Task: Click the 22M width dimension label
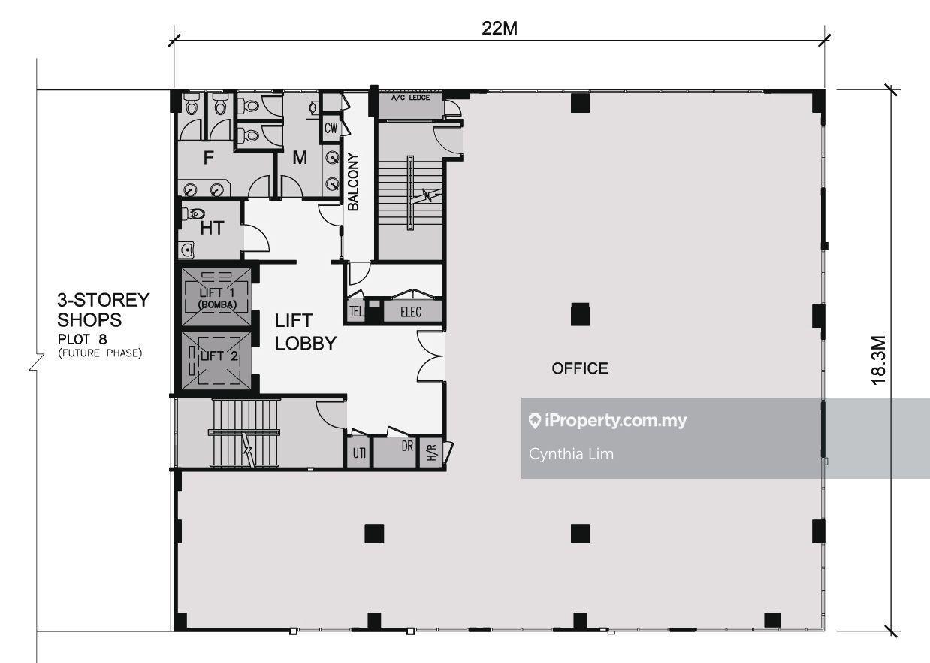[500, 29]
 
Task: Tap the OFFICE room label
[580, 368]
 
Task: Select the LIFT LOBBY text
[305, 332]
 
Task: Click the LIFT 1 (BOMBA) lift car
[216, 297]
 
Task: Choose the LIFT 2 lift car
[216, 360]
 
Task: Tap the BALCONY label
[353, 182]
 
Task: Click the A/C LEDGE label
[410, 98]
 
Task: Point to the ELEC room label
[411, 312]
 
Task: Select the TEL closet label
[356, 311]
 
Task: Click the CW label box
[331, 128]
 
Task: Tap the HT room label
[212, 228]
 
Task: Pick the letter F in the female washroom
[208, 157]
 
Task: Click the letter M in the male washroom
[300, 157]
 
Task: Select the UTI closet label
[359, 453]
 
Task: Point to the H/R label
[432, 453]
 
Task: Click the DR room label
[407, 446]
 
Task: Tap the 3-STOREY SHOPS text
[103, 310]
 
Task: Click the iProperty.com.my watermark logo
[608, 421]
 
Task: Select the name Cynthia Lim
[571, 454]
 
